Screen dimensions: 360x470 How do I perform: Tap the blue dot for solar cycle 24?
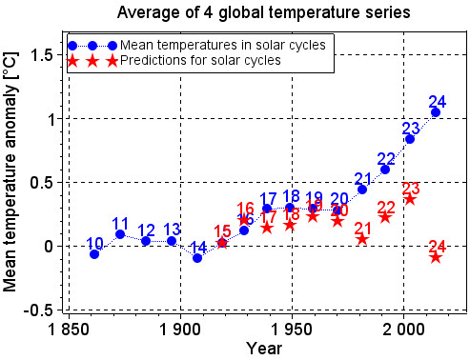click(x=436, y=112)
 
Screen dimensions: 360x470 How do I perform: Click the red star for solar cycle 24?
click(x=436, y=256)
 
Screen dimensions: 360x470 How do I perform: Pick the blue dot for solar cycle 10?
click(x=94, y=254)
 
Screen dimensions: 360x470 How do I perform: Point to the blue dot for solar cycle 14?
click(x=197, y=258)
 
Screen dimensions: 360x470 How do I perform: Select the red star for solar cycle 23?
click(x=410, y=198)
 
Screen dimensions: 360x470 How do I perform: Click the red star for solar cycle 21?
click(x=362, y=238)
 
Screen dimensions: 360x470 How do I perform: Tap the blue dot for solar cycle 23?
click(x=410, y=139)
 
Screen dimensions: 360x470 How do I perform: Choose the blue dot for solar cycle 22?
click(x=385, y=170)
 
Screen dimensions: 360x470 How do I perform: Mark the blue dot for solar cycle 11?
click(x=120, y=233)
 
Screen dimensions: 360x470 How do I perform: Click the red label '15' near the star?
click(x=222, y=230)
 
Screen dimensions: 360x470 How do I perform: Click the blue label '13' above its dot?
click(x=172, y=229)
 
